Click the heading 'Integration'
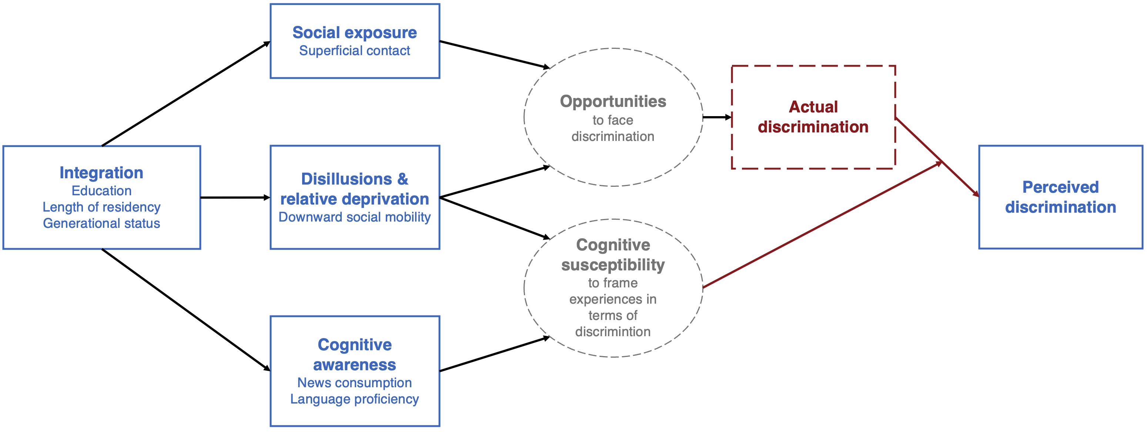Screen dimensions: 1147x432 101,173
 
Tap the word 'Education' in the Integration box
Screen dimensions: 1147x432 101,191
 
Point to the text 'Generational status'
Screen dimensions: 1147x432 101,223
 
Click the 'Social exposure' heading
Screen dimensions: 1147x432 355,33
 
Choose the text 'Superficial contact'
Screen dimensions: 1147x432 355,51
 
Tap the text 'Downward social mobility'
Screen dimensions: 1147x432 355,217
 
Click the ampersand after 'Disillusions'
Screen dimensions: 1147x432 402,179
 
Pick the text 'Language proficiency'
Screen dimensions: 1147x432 355,399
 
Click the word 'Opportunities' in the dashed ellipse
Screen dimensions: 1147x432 613,102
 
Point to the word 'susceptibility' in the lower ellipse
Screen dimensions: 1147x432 613,265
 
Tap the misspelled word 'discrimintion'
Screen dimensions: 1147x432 613,332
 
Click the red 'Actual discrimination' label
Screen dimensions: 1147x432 813,117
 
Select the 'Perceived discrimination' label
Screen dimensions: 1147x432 1061,197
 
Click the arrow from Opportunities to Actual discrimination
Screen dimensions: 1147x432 717,118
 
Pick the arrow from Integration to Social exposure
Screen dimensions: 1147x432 186,94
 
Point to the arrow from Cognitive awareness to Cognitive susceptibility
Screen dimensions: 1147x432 495,354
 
